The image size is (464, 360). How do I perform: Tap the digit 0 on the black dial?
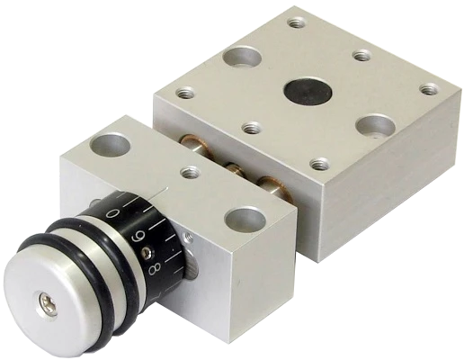click(x=112, y=213)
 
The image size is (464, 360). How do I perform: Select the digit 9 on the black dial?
click(x=138, y=237)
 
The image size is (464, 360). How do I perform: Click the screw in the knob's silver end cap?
click(x=48, y=305)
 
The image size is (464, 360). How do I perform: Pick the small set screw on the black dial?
click(x=147, y=252)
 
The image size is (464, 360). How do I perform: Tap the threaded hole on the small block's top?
click(x=191, y=172)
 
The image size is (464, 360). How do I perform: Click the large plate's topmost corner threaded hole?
click(x=297, y=22)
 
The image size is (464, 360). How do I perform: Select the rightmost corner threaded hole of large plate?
click(x=429, y=89)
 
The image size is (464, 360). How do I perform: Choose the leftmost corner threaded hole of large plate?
click(x=185, y=93)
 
